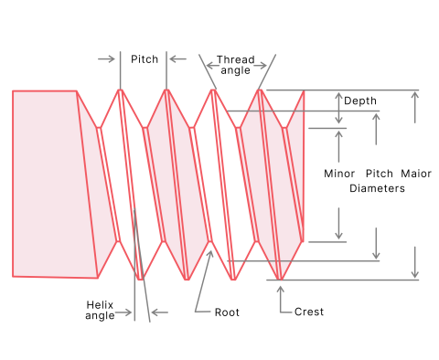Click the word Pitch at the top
(145, 59)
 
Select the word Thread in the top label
(236, 59)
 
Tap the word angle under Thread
(236, 70)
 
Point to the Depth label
(360, 101)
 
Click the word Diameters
(377, 188)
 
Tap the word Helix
(100, 304)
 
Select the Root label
(227, 312)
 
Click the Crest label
(309, 312)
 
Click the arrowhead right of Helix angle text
(157, 312)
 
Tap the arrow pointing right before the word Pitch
(106, 59)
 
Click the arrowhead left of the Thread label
(211, 65)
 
